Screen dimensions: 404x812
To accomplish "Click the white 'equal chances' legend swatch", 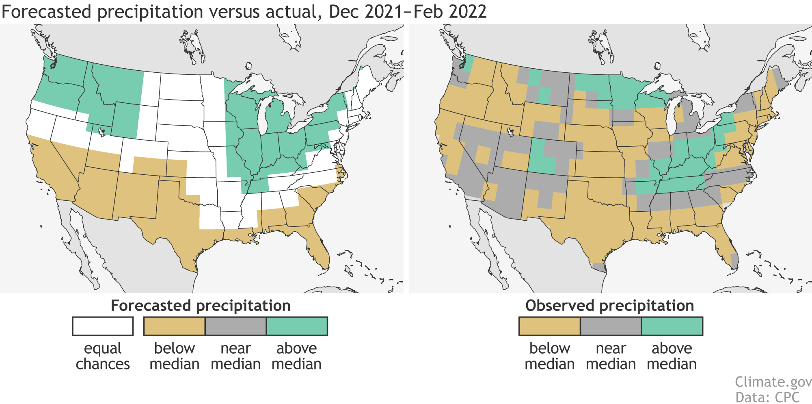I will (x=103, y=326).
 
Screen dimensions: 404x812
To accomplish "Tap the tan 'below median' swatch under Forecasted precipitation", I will (x=175, y=326).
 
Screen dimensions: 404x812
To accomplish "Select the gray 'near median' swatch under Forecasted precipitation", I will (x=236, y=326).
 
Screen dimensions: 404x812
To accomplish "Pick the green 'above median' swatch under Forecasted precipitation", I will (x=297, y=326).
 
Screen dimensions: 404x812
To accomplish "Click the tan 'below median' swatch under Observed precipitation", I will (x=550, y=326).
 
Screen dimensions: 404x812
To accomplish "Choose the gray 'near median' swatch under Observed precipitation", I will (x=611, y=326).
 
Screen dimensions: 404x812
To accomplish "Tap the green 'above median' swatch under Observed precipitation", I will (x=672, y=326).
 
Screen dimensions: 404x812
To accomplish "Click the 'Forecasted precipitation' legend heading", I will (x=201, y=306).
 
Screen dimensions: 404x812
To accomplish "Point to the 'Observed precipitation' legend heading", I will (x=610, y=306).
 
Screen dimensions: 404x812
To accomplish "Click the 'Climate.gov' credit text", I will (x=773, y=382).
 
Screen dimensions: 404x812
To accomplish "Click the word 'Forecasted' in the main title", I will (x=47, y=11).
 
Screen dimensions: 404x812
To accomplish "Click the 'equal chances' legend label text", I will (x=103, y=356).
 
